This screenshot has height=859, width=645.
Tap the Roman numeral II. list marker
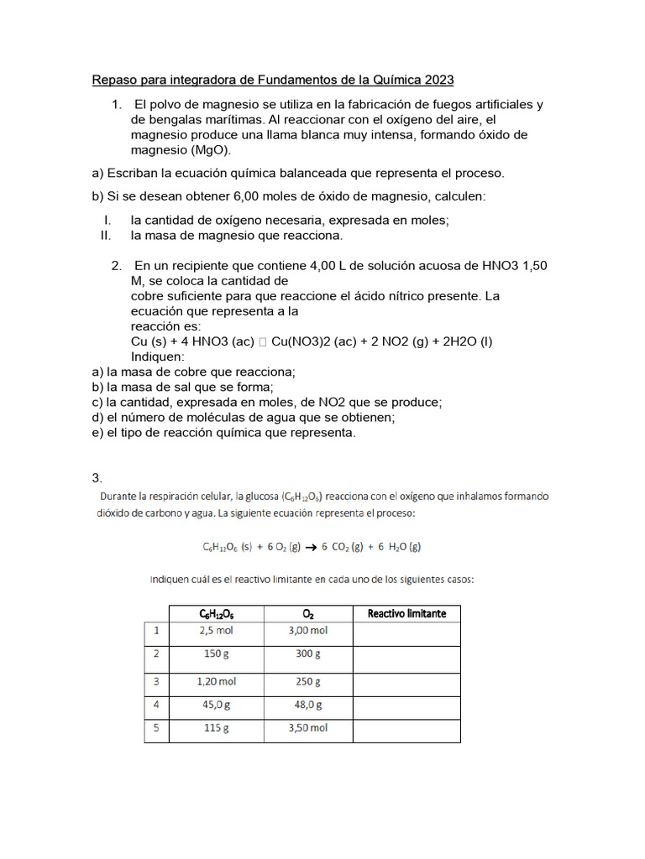[106, 235]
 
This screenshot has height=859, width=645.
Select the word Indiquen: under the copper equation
[157, 357]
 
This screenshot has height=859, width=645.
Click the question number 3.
[97, 478]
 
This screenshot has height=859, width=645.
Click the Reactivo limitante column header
[406, 613]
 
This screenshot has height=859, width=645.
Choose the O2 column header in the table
[308, 613]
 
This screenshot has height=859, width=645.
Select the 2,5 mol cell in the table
[216, 631]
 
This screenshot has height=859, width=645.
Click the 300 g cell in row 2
[307, 654]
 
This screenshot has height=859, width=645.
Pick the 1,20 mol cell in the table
[216, 682]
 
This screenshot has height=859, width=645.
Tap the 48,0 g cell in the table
[307, 705]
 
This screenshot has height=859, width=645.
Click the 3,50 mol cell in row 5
[307, 728]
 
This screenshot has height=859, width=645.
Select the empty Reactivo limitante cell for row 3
[406, 685]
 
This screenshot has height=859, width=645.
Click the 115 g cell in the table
[216, 728]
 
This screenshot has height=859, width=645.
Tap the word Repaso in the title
[115, 81]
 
